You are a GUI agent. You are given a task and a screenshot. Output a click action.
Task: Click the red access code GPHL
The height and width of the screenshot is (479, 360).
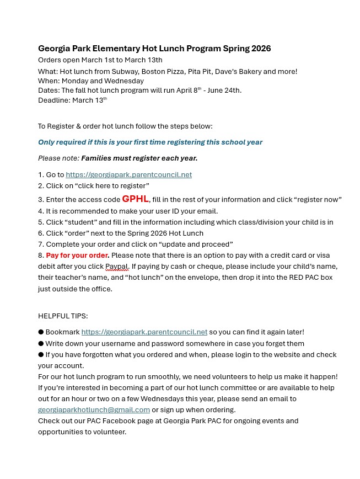[x=135, y=199]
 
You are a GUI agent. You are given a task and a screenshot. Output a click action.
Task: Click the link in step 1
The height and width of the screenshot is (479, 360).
[x=128, y=175]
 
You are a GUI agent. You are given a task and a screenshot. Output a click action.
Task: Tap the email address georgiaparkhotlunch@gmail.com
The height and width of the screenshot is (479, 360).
[x=94, y=410]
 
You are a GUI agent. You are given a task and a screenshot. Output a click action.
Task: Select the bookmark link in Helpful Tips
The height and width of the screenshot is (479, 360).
[x=144, y=332]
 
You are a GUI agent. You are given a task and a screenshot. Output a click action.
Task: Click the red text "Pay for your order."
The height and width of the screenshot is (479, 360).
[x=78, y=256]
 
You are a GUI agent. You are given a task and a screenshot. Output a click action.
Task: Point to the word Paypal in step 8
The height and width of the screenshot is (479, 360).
[x=116, y=267]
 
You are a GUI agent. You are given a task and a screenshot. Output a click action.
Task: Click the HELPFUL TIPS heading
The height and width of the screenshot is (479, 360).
[x=63, y=316]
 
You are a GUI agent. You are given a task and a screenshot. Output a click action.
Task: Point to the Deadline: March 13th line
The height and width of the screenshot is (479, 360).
[x=72, y=100]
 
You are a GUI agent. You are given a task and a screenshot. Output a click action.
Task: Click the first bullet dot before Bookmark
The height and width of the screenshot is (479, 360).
[x=41, y=332]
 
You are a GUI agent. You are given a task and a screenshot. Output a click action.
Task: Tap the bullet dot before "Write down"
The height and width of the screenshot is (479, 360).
[x=41, y=344]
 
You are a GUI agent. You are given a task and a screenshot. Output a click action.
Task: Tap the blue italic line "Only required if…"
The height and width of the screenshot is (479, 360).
[x=150, y=142]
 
